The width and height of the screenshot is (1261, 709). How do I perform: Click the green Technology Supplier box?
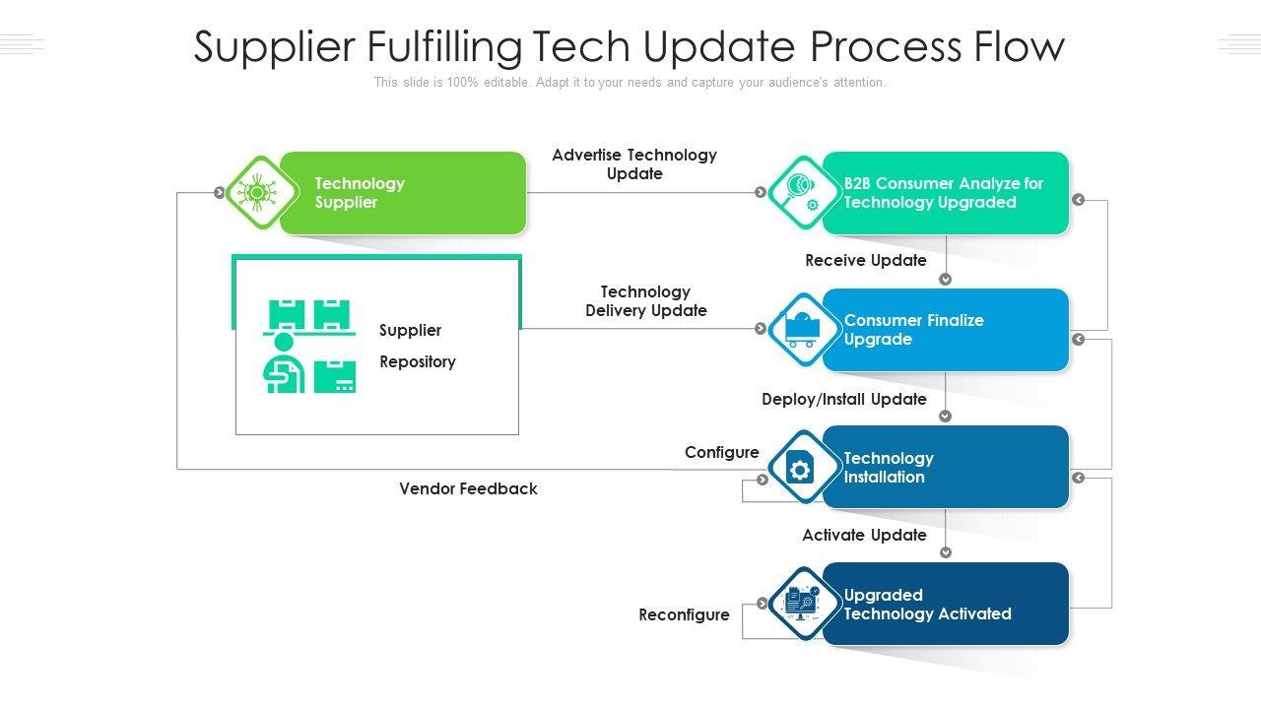403,193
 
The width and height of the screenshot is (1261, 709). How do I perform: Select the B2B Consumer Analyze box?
945,193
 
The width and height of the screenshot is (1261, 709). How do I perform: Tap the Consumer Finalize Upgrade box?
945,330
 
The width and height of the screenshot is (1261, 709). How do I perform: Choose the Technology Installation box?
945,467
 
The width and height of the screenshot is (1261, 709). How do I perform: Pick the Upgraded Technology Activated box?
945,604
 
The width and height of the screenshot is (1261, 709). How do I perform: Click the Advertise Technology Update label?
634,164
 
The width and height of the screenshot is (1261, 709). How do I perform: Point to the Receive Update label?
865,260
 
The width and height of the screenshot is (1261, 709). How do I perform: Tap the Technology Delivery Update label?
645,301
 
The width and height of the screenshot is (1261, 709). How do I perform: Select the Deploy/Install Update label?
844,399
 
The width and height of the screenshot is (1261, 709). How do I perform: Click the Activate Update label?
864,535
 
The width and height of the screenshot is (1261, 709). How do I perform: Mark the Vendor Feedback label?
468,488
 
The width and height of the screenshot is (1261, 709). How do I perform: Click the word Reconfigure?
684,614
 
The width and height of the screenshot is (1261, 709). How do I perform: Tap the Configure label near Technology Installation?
722,452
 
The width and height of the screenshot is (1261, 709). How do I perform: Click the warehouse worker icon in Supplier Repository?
309,346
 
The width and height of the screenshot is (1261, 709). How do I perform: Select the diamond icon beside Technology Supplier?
261,192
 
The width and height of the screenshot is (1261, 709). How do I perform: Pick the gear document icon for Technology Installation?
800,467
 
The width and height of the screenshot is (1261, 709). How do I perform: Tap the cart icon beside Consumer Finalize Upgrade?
802,329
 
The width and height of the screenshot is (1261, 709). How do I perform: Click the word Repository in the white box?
418,361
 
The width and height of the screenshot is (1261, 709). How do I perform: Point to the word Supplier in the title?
274,47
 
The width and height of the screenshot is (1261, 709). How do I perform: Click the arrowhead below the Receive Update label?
945,279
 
